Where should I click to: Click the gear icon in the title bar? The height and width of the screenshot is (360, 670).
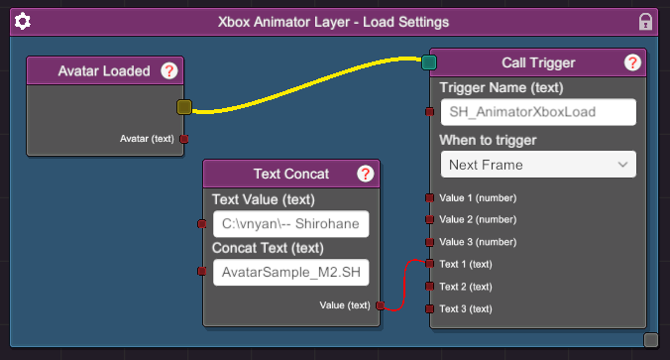tap(23, 21)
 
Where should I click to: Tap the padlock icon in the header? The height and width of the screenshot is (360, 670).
tap(645, 22)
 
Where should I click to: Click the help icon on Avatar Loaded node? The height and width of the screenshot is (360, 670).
tap(169, 70)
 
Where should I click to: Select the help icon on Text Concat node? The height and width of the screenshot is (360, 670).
tap(366, 174)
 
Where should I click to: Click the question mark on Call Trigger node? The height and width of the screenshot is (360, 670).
tap(632, 62)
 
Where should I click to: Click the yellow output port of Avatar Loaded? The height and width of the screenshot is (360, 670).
tap(184, 107)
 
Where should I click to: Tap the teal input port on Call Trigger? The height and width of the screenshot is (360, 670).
tap(429, 62)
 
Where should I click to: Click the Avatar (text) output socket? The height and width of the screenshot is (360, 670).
tap(184, 139)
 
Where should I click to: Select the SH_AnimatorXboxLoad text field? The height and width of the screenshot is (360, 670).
tap(538, 112)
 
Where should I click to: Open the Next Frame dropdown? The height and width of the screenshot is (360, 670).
tap(538, 165)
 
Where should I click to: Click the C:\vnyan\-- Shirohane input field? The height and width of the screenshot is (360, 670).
tap(291, 223)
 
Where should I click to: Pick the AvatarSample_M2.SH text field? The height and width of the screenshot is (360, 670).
tap(291, 272)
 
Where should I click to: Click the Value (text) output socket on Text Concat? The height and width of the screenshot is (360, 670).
tap(380, 305)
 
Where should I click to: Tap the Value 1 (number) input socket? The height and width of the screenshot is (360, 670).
tap(430, 198)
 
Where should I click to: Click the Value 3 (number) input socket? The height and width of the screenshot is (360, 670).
tap(430, 242)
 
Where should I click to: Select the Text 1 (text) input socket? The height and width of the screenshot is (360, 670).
tap(430, 264)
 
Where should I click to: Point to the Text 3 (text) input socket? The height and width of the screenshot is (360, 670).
tap(430, 308)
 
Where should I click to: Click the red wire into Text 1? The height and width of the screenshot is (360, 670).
tap(403, 285)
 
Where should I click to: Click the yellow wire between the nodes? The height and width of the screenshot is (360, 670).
tap(307, 84)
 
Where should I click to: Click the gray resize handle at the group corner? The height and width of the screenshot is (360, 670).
tap(651, 340)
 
